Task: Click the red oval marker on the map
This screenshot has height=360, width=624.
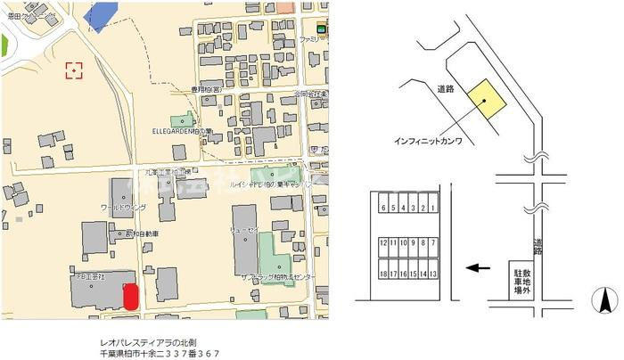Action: tap(130, 297)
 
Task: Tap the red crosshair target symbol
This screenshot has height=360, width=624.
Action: tap(74, 70)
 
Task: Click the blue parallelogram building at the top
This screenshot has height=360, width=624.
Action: tap(105, 16)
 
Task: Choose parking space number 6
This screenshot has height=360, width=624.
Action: tap(382, 208)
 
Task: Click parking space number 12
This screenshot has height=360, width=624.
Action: tap(382, 241)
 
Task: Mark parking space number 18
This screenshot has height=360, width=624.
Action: tap(382, 274)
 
